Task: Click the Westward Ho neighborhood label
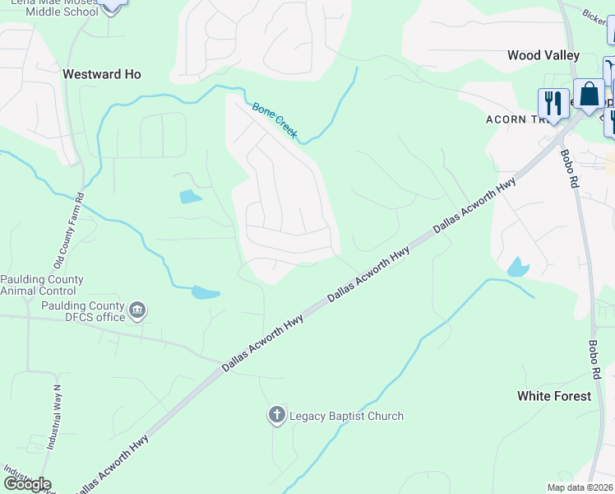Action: click(x=102, y=74)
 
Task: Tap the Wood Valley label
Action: click(x=543, y=55)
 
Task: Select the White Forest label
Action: click(x=553, y=396)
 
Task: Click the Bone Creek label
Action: click(x=274, y=120)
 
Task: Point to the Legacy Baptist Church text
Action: click(x=346, y=416)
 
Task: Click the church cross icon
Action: click(x=277, y=415)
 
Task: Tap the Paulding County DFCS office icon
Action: click(x=137, y=311)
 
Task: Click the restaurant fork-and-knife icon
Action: click(x=553, y=103)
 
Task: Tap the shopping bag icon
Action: click(x=589, y=94)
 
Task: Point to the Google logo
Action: click(x=27, y=483)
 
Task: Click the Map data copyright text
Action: click(x=580, y=487)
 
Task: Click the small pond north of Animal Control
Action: click(x=190, y=197)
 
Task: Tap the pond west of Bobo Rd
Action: click(x=518, y=267)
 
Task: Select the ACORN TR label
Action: click(x=516, y=118)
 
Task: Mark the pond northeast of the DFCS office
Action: click(x=206, y=292)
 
